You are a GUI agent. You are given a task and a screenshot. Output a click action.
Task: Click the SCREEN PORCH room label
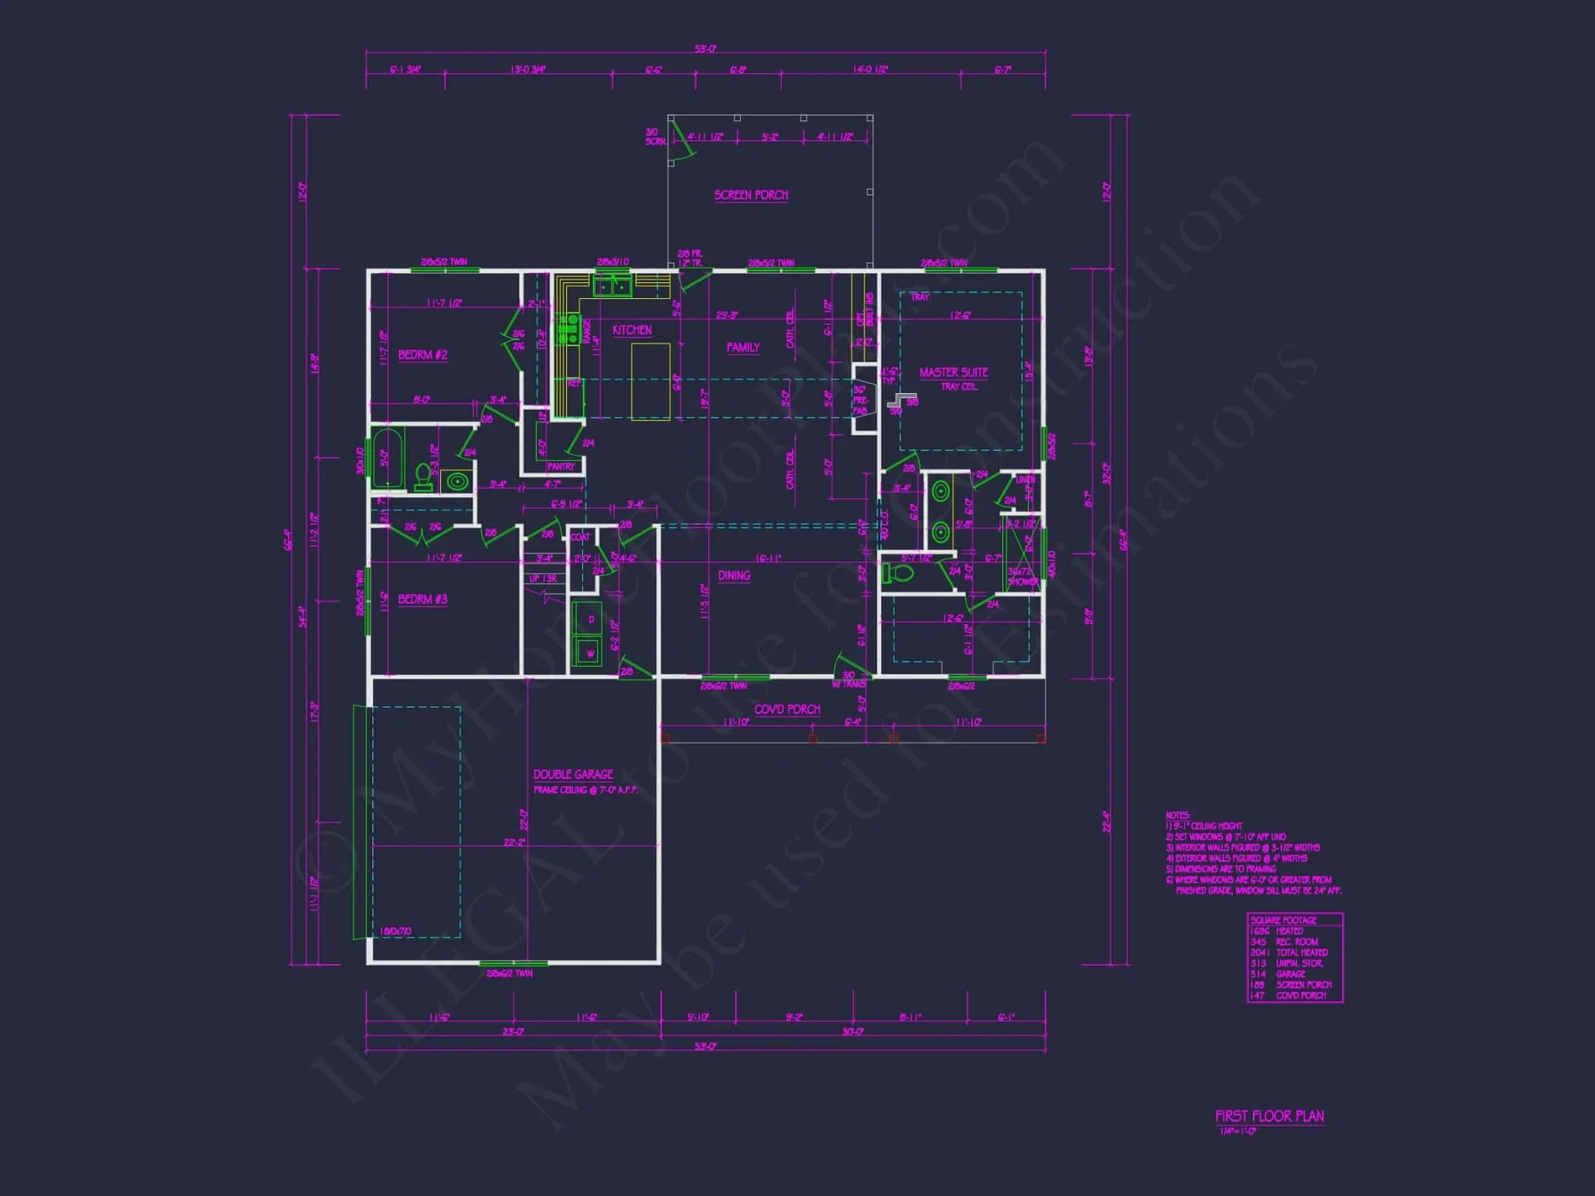point(750,195)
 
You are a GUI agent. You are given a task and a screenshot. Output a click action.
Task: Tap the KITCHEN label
point(632,330)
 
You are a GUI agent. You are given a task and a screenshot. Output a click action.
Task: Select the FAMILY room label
point(742,347)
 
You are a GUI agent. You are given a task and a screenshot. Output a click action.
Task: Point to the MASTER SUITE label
point(953,372)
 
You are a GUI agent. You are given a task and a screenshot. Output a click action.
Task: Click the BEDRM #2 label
point(423,355)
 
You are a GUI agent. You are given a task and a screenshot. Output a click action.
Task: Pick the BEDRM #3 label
point(423,599)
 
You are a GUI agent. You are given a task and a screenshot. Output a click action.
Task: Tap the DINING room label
point(734,575)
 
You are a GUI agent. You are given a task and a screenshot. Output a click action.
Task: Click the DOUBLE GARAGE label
point(573,774)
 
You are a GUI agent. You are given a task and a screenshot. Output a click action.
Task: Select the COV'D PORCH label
point(786,709)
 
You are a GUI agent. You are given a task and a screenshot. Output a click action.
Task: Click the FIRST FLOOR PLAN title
point(1269,1116)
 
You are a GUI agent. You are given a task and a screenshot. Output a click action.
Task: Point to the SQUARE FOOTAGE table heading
point(1283,920)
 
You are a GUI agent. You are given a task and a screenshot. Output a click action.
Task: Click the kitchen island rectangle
point(650,381)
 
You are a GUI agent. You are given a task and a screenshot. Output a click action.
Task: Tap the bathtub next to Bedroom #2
point(388,458)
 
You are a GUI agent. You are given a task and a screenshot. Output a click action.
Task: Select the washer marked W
point(589,651)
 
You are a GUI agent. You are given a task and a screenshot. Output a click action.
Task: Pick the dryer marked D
point(590,619)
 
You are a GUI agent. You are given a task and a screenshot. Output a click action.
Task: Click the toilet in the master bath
point(899,574)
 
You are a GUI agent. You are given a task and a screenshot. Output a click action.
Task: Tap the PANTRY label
point(561,466)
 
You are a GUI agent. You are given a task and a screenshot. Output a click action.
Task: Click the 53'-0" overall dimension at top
point(705,49)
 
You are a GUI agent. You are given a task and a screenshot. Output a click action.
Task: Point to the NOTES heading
point(1177,815)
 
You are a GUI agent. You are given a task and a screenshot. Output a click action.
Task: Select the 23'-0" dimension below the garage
point(513,1032)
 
